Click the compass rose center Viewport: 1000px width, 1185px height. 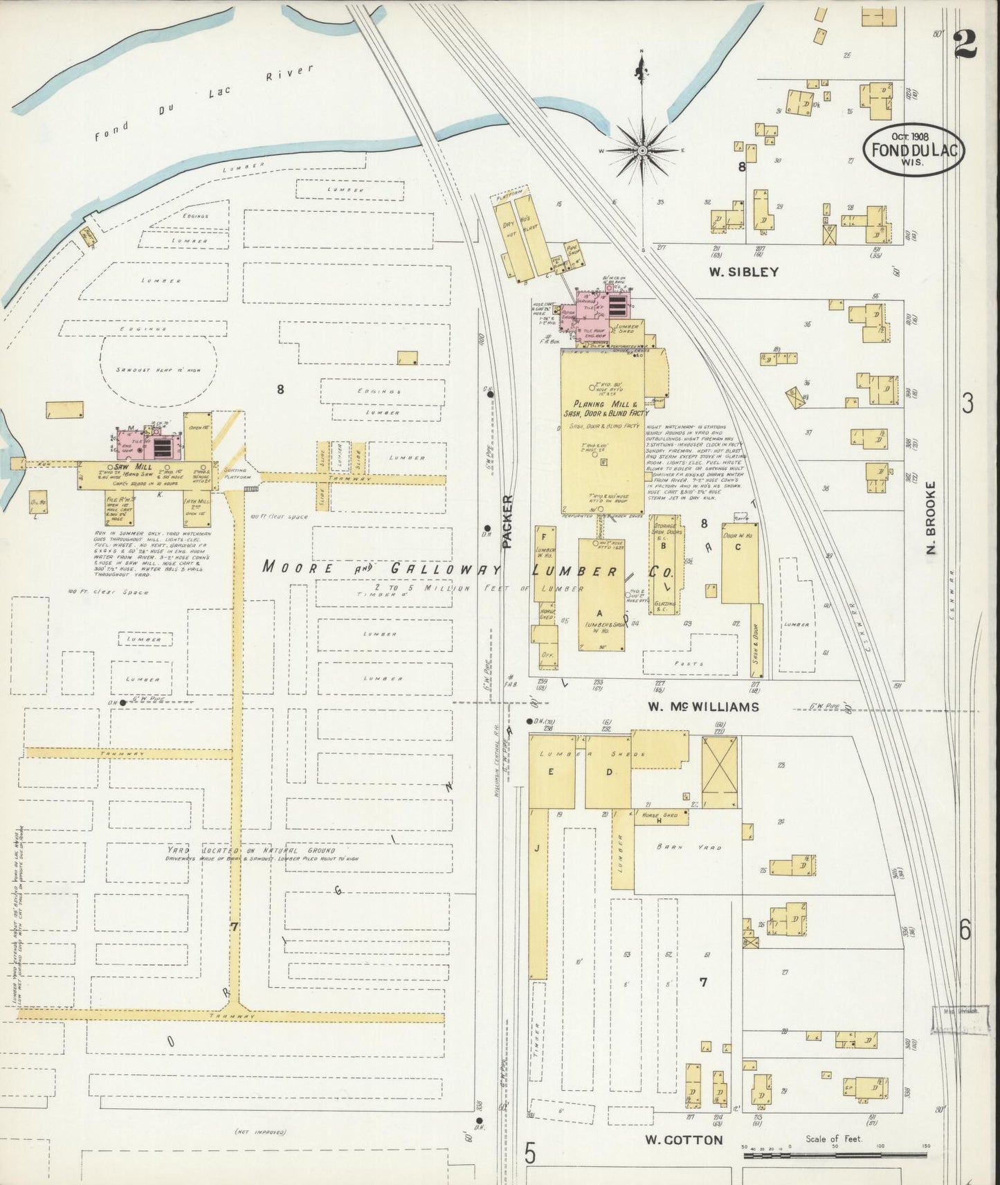(x=642, y=150)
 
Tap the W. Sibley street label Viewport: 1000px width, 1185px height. (x=743, y=272)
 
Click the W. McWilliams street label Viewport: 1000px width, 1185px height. (x=703, y=707)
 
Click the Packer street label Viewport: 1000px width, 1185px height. (x=508, y=522)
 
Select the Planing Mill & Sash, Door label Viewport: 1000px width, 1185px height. (x=603, y=408)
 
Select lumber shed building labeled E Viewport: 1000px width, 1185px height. (x=552, y=772)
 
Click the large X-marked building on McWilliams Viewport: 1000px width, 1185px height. (x=720, y=772)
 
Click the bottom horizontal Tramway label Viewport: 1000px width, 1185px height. (x=235, y=1016)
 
